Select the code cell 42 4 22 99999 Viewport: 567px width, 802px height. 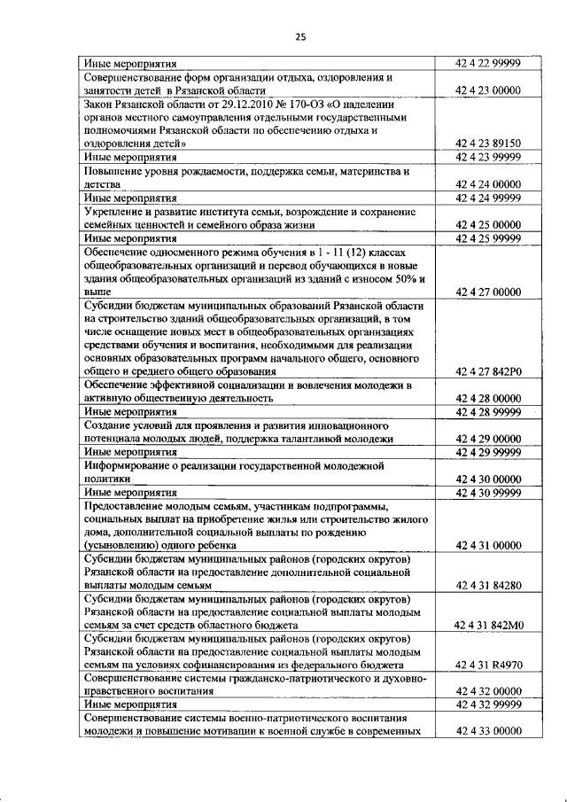[487, 63]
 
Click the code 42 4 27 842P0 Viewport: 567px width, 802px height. [487, 371]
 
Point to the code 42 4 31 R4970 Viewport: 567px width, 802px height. [487, 664]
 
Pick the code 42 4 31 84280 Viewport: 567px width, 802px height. [487, 586]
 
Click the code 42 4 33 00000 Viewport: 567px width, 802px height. [487, 731]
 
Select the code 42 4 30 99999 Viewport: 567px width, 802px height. [487, 493]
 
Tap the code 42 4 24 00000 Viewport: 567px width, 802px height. [487, 183]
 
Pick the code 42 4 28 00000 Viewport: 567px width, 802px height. [487, 399]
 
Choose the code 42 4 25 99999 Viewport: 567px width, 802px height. [487, 238]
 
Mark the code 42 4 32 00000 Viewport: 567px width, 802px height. [487, 690]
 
